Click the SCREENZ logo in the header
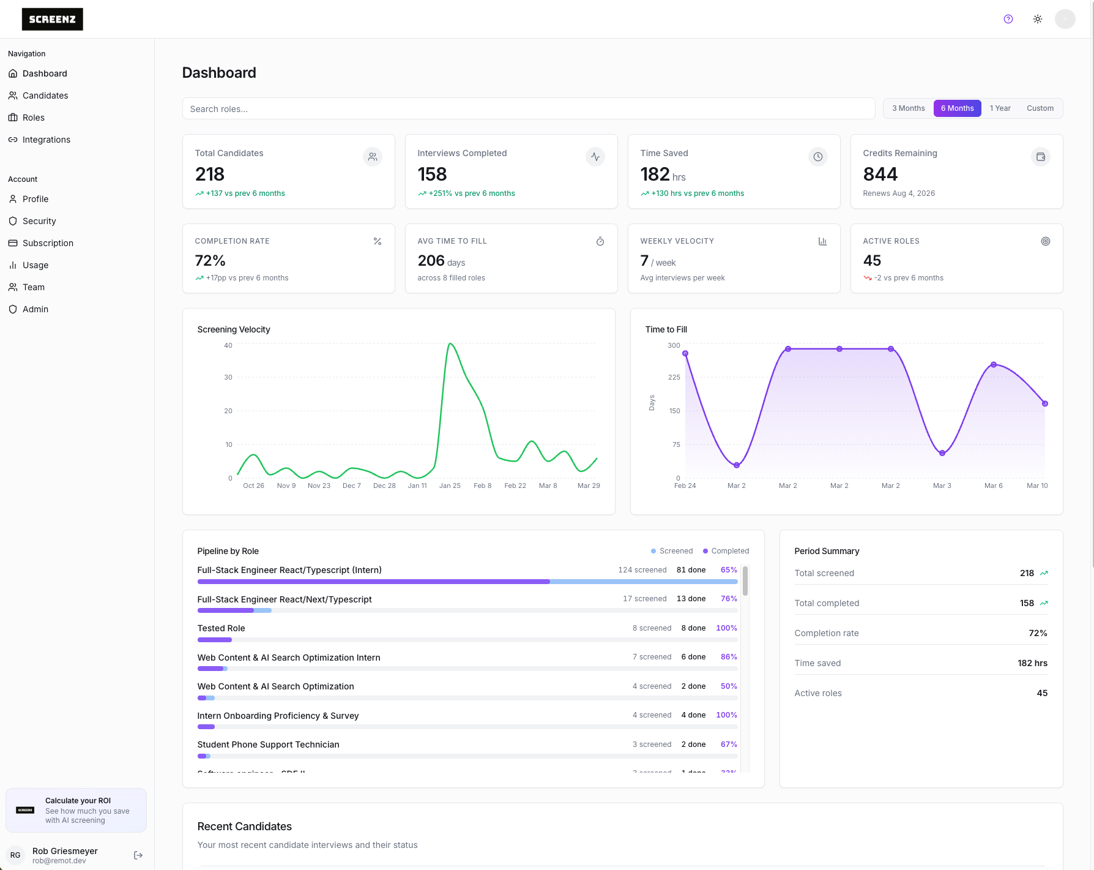point(52,20)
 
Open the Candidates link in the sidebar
point(45,96)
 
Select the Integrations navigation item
point(46,140)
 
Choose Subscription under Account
point(48,243)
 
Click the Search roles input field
point(528,109)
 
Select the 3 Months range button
point(908,108)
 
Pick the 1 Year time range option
point(1000,108)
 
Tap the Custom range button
point(1040,108)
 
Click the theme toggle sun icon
point(1038,19)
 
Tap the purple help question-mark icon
point(1008,19)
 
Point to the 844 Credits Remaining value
point(880,174)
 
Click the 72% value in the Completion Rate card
point(210,261)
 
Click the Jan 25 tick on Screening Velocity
point(450,486)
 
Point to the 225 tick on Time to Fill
point(674,377)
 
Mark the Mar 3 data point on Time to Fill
point(942,453)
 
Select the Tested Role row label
point(221,628)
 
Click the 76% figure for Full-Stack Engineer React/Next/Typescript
point(729,599)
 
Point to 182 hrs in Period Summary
point(1032,663)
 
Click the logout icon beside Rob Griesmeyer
point(138,855)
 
